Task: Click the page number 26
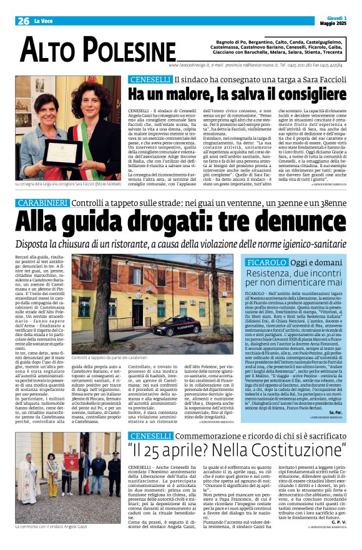coord(23,21)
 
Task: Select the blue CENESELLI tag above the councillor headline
coord(150,79)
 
